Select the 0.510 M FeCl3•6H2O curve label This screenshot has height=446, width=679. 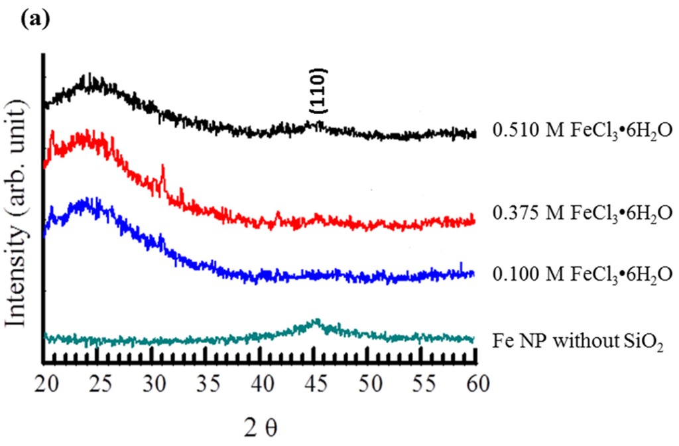coord(583,132)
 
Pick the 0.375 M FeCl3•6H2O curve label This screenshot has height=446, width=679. coord(583,214)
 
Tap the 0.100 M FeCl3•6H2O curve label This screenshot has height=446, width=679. coord(583,274)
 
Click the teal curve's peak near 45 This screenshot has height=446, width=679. coord(316,321)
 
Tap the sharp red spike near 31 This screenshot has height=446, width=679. coord(162,171)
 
